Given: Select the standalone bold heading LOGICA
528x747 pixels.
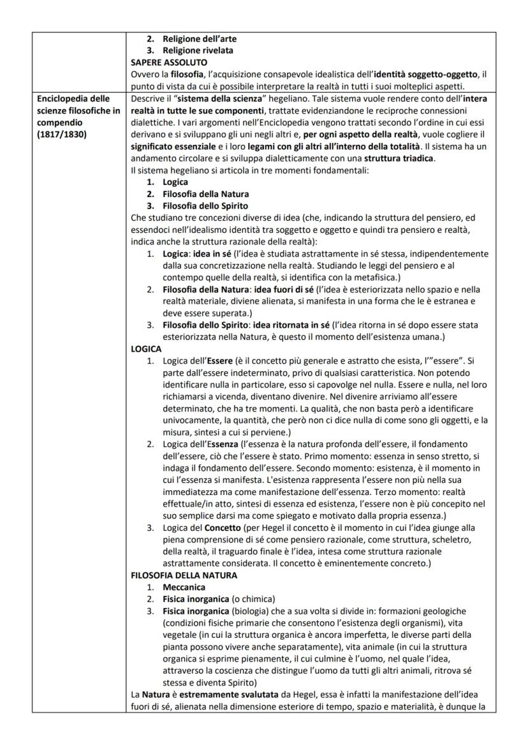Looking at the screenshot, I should pos(145,349).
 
